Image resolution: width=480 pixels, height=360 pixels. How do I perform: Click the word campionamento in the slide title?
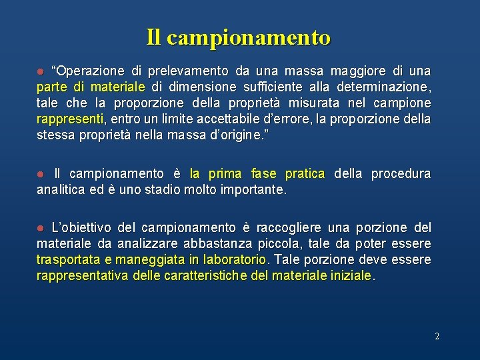[249, 37]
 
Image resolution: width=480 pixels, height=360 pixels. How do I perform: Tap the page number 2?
[437, 337]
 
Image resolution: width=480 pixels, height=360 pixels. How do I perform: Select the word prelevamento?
[188, 71]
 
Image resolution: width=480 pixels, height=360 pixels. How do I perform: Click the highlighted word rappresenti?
[70, 119]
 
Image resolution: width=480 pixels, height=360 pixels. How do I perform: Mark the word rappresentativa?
[84, 275]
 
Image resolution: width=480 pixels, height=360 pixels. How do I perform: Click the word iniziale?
[352, 275]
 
